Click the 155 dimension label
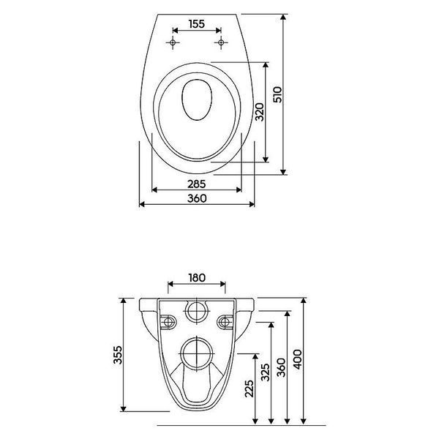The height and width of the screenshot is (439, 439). point(197,24)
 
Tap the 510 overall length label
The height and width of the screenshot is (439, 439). point(277,94)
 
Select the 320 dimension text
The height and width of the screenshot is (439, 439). point(260,112)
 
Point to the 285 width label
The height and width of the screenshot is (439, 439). point(197,184)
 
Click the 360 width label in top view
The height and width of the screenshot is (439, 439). point(197,198)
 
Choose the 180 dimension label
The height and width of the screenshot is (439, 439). point(197,278)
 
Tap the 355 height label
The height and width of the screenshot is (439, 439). point(118,355)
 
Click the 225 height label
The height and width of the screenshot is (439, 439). point(249,389)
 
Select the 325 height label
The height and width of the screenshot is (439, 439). point(265,372)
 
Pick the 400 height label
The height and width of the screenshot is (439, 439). point(297,359)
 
